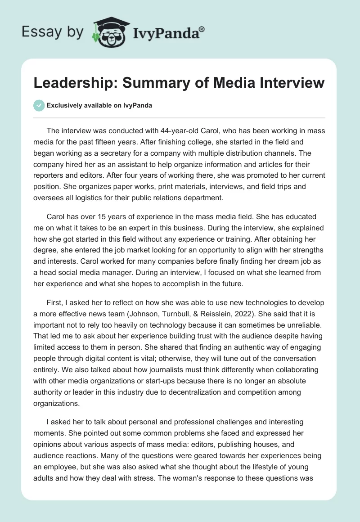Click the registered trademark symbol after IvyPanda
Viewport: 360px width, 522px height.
[202, 29]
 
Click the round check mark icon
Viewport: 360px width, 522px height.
[39, 106]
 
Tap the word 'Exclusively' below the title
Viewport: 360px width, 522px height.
[64, 106]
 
